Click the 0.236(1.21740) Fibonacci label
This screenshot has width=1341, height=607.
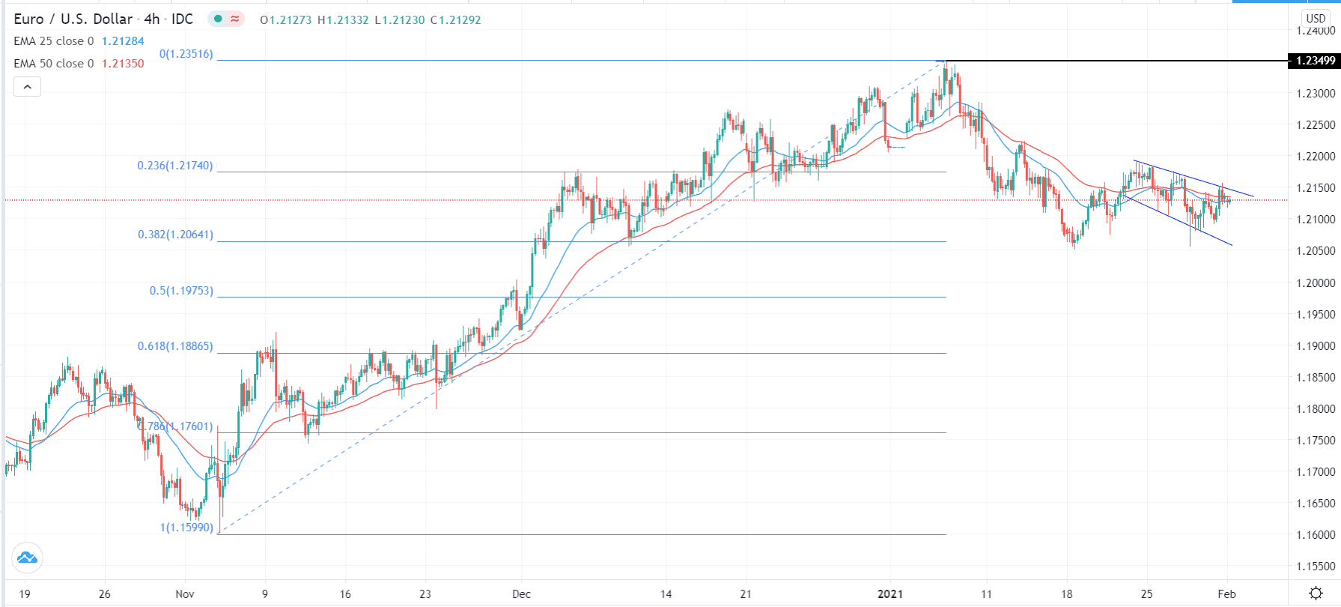coord(174,166)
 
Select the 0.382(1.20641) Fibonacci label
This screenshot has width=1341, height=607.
coord(175,235)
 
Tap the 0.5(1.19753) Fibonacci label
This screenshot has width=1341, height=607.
coord(181,291)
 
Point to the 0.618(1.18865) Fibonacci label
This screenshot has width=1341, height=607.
coord(175,346)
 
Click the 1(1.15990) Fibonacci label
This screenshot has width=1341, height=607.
coord(186,528)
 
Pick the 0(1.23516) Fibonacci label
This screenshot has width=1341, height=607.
coord(186,54)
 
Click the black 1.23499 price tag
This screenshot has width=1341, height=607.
coord(1314,61)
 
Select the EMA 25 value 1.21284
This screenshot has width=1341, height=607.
coord(123,41)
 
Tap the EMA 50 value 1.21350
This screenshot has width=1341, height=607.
coord(123,64)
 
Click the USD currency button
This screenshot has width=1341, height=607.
coord(1316,19)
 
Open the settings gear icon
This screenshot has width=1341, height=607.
coord(1316,594)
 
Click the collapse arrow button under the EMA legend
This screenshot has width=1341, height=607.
coord(27,87)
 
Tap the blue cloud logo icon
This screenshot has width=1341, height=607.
coord(27,558)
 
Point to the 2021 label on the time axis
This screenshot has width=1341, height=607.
coord(890,594)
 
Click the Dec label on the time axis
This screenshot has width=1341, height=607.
coord(521,594)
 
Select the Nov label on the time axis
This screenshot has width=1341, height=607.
coord(184,594)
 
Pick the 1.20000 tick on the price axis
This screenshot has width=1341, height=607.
coord(1316,283)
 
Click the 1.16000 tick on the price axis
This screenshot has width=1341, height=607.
coord(1316,535)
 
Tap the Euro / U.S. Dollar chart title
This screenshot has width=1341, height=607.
coord(73,19)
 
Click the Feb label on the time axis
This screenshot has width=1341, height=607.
coord(1226,594)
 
